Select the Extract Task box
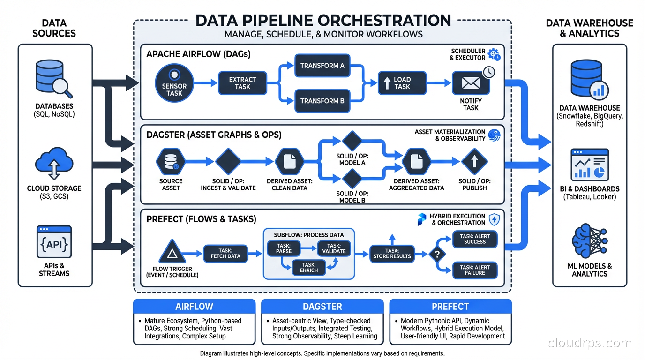pyautogui.click(x=242, y=83)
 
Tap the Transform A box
pyautogui.click(x=322, y=66)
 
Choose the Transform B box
pyautogui.click(x=322, y=101)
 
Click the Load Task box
pyautogui.click(x=402, y=83)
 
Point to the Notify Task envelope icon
pyautogui.click(x=471, y=83)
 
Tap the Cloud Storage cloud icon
pyautogui.click(x=54, y=165)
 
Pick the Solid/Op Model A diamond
pyautogui.click(x=352, y=141)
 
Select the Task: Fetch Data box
pyautogui.click(x=225, y=254)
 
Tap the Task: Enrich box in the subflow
pyautogui.click(x=309, y=268)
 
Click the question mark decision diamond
pyautogui.click(x=437, y=255)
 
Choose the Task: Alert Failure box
pyautogui.click(x=475, y=270)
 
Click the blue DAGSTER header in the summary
pyautogui.click(x=322, y=307)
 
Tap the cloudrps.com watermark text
pyautogui.click(x=590, y=343)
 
